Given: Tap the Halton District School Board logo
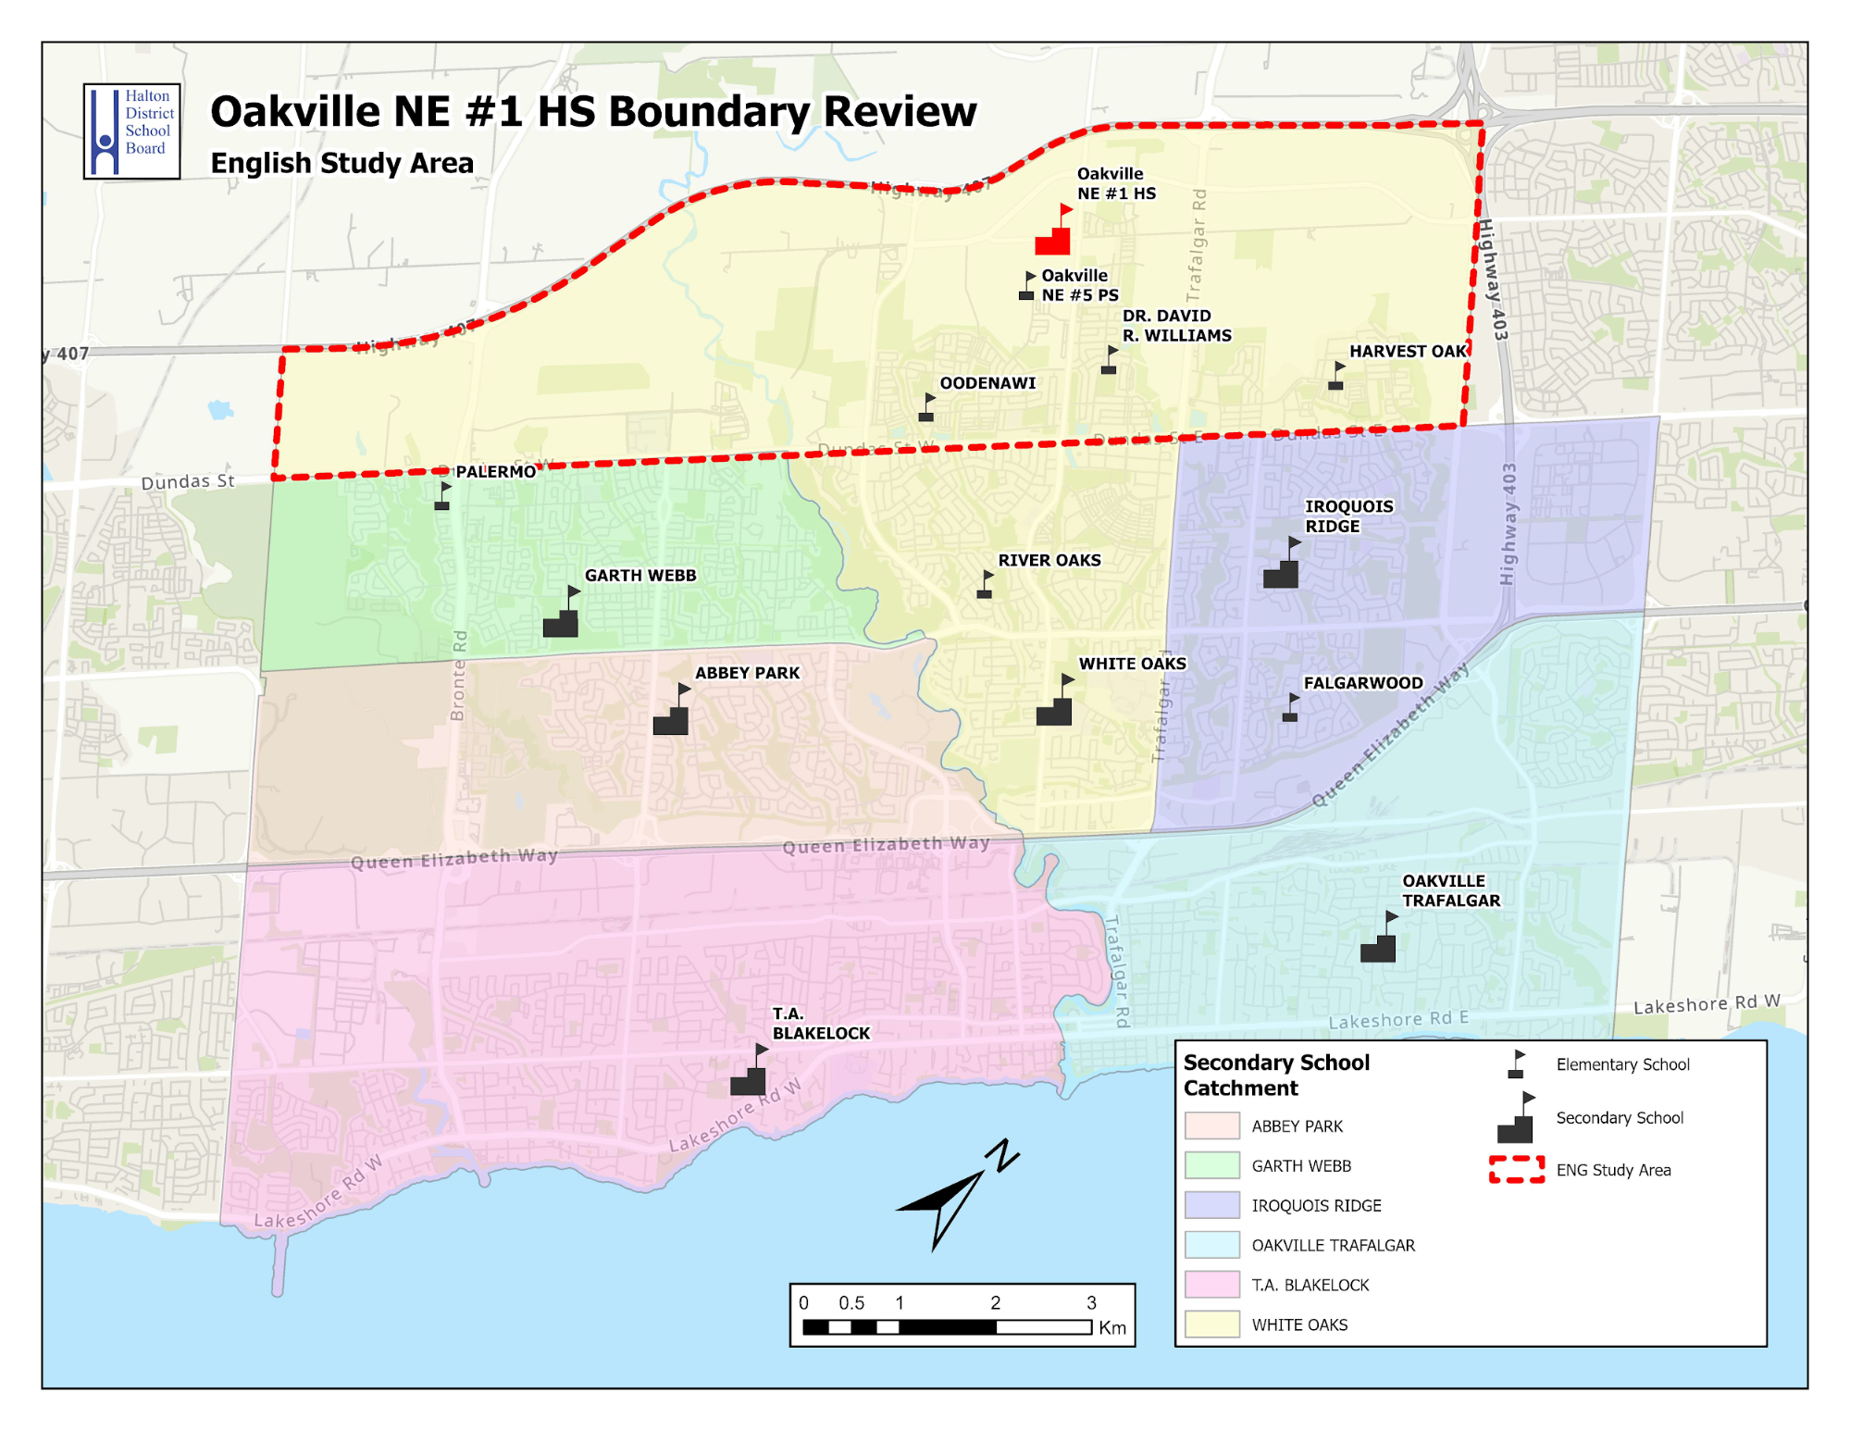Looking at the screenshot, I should click(131, 131).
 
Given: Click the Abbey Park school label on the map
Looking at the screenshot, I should click(747, 673).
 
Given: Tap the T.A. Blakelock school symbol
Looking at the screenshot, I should click(749, 1076).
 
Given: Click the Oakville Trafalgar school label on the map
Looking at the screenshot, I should click(1450, 890).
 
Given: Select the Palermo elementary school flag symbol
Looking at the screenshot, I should click(442, 497).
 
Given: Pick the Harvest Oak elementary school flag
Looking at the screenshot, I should click(1336, 377).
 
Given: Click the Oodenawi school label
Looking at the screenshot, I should click(987, 383).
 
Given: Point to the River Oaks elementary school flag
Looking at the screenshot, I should click(985, 586).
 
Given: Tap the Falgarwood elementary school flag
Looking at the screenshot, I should click(1290, 708).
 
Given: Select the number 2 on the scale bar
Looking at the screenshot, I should click(995, 1302).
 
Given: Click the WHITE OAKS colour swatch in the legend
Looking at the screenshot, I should click(1211, 1324).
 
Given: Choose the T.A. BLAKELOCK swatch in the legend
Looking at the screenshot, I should click(1211, 1285).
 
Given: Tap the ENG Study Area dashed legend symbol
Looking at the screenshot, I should click(1516, 1170).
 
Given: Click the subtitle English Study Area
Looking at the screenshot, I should click(341, 163).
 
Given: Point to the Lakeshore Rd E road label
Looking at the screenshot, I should click(1397, 1020).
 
